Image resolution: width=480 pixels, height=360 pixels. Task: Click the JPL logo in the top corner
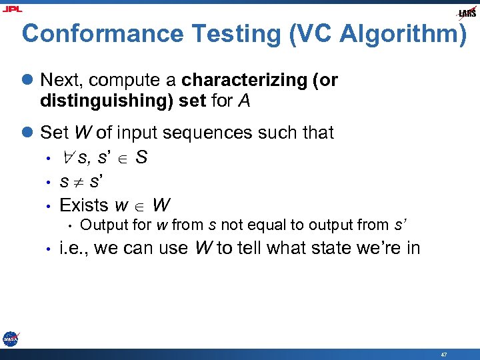11,9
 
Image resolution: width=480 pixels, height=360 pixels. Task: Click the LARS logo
467,13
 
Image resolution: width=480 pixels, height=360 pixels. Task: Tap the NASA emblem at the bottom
10,339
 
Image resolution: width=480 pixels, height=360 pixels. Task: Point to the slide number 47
444,354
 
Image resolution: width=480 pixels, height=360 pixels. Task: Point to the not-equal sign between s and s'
73,181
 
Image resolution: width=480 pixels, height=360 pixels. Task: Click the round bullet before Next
27,81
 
